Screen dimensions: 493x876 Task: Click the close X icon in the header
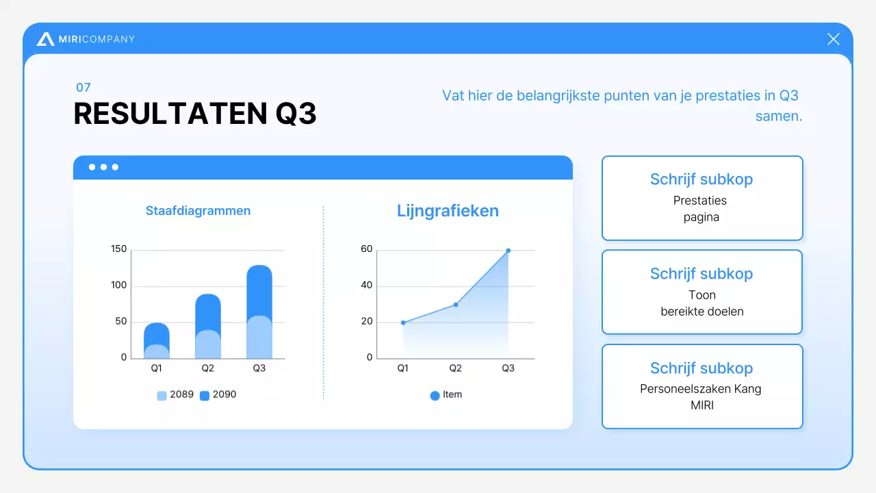(833, 39)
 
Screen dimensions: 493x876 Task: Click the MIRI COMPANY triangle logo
(46, 39)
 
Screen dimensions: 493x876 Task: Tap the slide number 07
(83, 88)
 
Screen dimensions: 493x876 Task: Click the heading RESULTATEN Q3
(195, 114)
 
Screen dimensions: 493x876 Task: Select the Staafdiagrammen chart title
(198, 211)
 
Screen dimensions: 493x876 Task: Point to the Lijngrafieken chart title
(448, 211)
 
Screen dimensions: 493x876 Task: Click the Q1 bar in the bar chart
(157, 341)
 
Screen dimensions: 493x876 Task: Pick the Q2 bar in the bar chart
(207, 327)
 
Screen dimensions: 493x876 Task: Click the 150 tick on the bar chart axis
(119, 249)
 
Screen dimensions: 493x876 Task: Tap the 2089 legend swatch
(162, 395)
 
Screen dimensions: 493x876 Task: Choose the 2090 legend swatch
(205, 395)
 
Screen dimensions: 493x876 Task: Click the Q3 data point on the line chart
(508, 251)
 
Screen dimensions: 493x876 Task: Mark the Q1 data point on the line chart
(403, 323)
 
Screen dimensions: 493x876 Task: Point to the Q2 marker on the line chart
(456, 305)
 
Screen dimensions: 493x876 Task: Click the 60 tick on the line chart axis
(367, 249)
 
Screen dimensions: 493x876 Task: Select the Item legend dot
(435, 395)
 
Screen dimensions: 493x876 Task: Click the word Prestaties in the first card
(699, 201)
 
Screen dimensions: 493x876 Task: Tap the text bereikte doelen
(702, 312)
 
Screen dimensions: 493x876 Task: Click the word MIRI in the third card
(702, 405)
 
